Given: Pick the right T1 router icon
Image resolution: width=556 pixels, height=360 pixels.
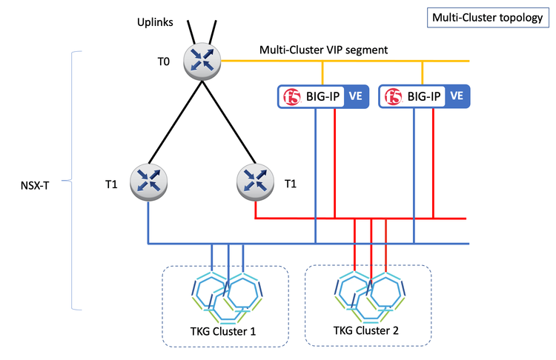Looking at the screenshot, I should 254,181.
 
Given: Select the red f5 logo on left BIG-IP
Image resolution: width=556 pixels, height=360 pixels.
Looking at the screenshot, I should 291,96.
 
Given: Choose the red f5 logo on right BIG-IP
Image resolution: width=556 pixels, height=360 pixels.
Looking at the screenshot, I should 394,96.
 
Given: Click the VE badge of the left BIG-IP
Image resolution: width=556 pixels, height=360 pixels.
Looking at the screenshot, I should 355,96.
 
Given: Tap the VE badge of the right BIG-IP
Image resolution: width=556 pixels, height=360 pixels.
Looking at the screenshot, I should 457,96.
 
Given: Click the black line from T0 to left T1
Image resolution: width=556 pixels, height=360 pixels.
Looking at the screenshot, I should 176,119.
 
